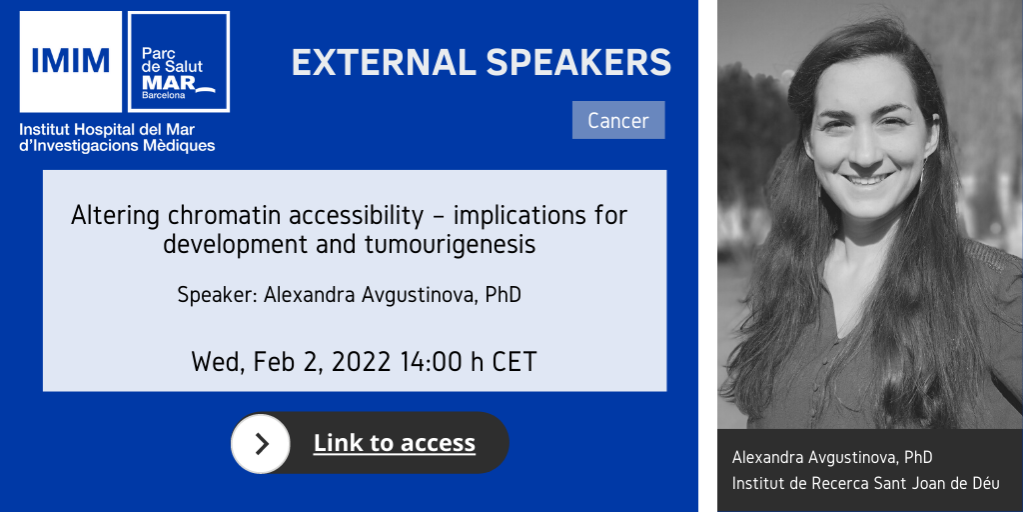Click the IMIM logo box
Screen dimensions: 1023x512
(x=71, y=61)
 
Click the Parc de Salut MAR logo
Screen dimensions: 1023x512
(x=179, y=61)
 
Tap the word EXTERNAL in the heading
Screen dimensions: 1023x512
(x=384, y=63)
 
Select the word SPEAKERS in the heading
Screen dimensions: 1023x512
(x=578, y=63)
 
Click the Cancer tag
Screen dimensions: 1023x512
(x=618, y=120)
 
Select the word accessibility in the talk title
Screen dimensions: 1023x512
(x=365, y=217)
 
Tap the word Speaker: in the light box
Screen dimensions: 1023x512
(x=217, y=295)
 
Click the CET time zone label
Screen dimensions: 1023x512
(x=513, y=362)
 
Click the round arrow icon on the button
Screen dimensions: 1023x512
(x=261, y=443)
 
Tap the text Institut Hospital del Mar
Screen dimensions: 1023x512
(x=107, y=129)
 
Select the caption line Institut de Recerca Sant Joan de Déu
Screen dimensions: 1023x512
(x=866, y=484)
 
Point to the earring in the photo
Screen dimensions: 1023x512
(x=921, y=171)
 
